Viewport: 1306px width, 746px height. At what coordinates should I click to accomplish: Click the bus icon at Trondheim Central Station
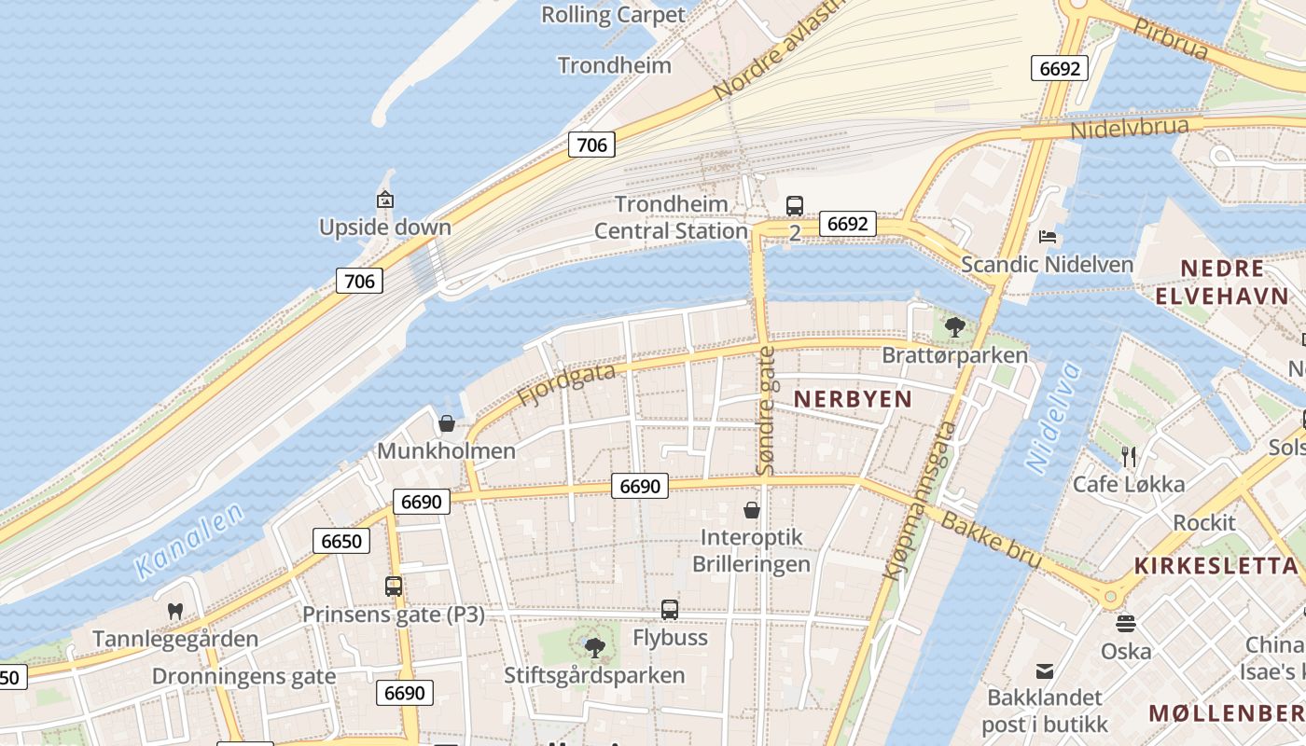(x=795, y=205)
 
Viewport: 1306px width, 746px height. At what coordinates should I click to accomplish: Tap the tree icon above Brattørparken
(x=954, y=326)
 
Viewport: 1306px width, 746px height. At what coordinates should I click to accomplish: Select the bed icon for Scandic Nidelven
(x=1048, y=237)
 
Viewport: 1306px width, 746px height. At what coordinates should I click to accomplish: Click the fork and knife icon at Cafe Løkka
(x=1129, y=456)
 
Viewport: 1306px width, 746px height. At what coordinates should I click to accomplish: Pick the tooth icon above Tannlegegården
(x=174, y=612)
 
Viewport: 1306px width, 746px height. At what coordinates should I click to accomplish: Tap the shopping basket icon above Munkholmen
(x=447, y=423)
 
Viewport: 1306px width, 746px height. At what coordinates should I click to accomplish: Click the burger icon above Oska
(x=1126, y=623)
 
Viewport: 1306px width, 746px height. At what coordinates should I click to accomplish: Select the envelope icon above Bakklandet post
(x=1045, y=670)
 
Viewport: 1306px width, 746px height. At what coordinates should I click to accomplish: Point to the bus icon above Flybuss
(x=670, y=610)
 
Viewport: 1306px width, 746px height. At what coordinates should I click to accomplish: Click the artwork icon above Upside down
(x=384, y=200)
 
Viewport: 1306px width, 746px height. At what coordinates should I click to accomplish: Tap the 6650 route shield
(x=341, y=541)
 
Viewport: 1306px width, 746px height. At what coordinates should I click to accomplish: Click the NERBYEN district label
(x=853, y=399)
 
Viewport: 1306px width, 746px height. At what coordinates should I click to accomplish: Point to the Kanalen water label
(x=188, y=540)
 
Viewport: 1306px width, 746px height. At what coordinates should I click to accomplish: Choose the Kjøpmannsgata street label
(x=920, y=502)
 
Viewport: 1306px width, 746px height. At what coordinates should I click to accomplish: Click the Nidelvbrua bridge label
(x=1129, y=128)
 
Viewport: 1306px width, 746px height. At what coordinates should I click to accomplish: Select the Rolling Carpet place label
(x=613, y=15)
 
